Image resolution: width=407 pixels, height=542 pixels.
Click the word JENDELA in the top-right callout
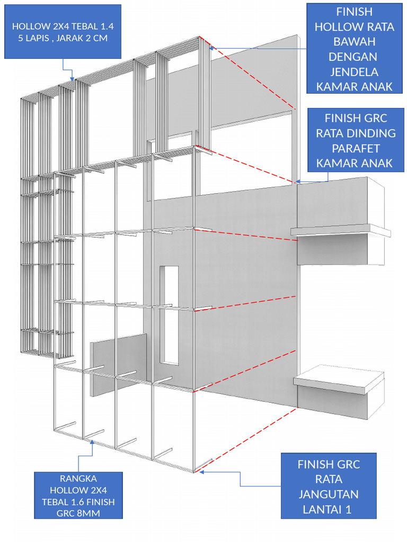click(354, 71)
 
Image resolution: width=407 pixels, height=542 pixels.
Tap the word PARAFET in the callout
click(356, 148)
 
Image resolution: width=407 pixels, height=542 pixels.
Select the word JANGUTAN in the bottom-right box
click(329, 494)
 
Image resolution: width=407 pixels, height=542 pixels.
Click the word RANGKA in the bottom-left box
click(78, 478)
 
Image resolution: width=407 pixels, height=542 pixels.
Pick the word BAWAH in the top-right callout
click(354, 41)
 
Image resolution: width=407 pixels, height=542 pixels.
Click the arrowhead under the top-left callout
click(72, 78)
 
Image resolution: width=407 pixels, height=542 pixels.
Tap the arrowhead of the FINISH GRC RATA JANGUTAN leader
click(202, 472)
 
